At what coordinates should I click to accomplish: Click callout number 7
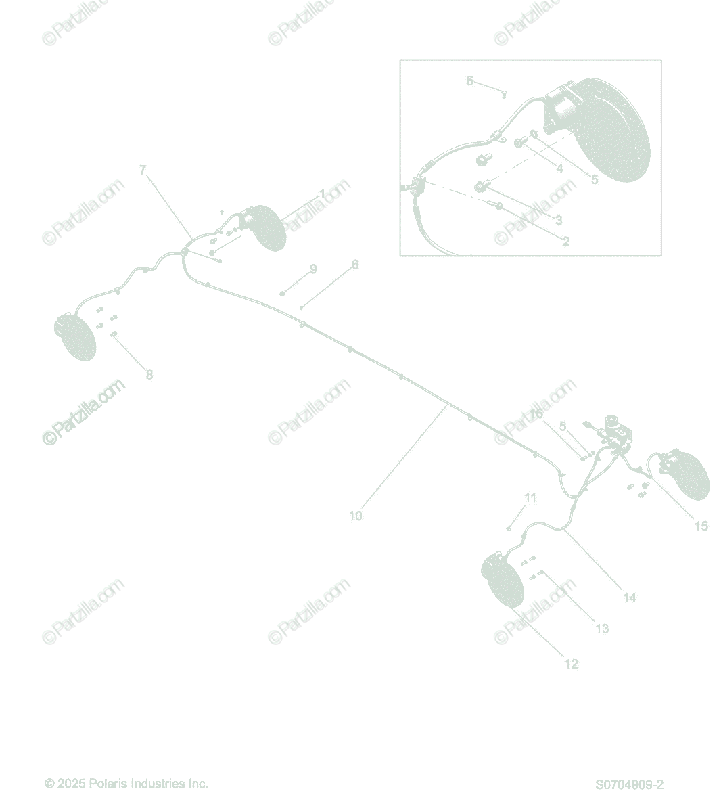pos(142,170)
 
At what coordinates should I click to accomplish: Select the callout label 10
pos(355,516)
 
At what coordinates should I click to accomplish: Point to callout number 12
pos(572,664)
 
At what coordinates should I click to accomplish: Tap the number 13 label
pos(602,629)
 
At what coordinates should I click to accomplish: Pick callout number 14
pos(629,597)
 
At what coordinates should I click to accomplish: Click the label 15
pos(701,526)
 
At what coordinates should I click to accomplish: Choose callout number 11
pos(530,498)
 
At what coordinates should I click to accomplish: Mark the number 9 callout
pos(313,269)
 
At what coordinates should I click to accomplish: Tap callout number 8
pos(149,375)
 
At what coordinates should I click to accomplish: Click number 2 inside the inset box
pos(566,241)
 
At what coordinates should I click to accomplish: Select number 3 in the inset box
pos(559,220)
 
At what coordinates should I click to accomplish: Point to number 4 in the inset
pos(559,168)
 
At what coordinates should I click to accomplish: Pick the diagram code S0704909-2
pos(629,785)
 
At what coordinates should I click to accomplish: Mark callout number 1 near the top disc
pos(322,194)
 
